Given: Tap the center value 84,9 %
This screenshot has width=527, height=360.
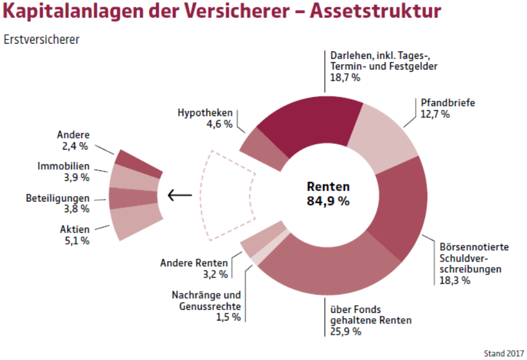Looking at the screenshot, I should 328,201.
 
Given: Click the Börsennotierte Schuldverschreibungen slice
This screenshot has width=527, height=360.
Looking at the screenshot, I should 401,206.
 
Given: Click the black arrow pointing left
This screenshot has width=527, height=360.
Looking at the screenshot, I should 177,195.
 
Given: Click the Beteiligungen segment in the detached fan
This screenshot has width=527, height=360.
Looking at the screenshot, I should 133,199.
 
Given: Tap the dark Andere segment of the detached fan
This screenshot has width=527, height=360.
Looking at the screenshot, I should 139,162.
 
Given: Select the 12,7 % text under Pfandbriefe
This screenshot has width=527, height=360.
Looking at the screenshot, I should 435,114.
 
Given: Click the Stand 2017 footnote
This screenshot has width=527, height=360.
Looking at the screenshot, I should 503,354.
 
